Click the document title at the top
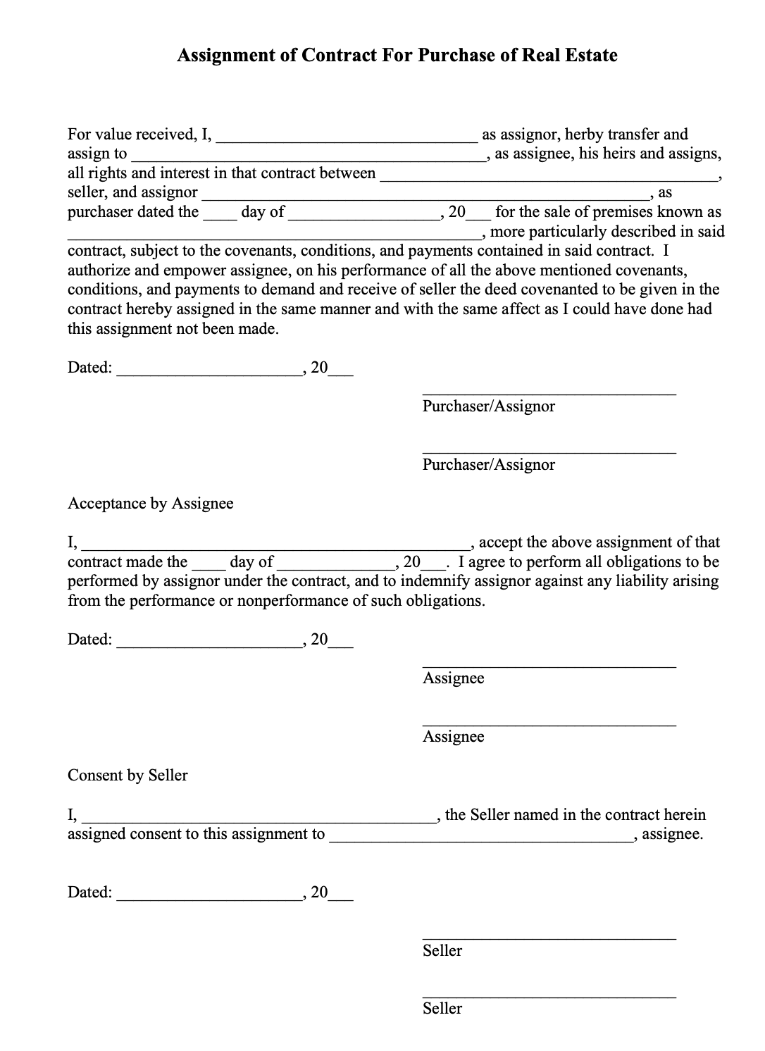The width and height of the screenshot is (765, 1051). click(397, 56)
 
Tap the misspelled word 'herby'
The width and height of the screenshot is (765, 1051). click(584, 135)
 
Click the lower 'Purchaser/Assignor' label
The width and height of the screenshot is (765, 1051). click(488, 465)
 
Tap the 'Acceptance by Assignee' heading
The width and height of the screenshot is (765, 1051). click(150, 504)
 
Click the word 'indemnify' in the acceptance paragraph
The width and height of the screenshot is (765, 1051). click(430, 581)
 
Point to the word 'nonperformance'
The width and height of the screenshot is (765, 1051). click(292, 601)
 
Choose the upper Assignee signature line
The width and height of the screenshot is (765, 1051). click(549, 666)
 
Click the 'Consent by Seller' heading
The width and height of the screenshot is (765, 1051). click(127, 776)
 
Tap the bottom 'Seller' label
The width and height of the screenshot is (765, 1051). click(442, 1009)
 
